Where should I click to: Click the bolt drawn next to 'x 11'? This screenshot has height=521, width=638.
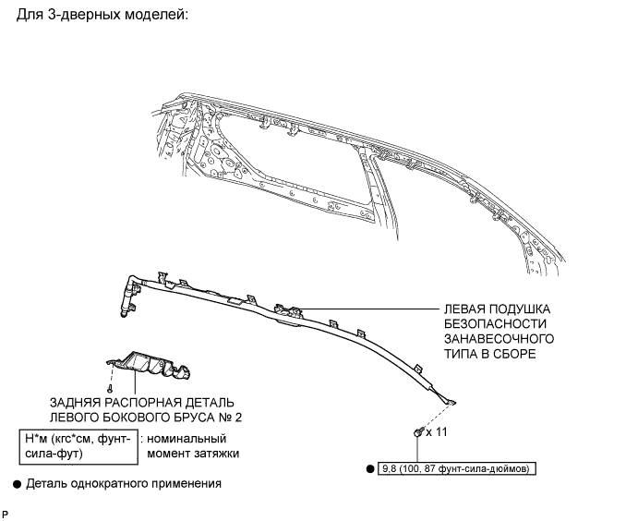point(418,430)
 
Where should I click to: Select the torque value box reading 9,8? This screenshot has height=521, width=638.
point(456,468)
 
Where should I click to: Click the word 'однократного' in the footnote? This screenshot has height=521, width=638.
point(109,483)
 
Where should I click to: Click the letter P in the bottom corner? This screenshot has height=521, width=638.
point(6,513)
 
